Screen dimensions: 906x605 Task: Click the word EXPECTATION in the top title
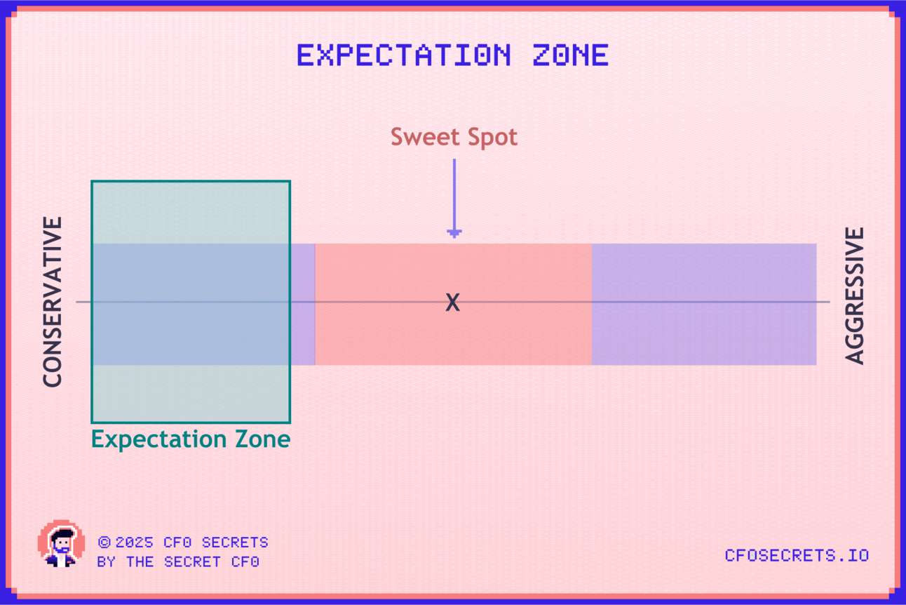[x=404, y=55]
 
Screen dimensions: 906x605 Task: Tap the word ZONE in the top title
[x=570, y=55]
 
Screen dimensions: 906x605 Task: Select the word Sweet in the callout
[x=426, y=137]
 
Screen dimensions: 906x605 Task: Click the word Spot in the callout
[x=492, y=138]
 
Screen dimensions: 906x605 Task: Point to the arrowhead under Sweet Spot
[x=454, y=233]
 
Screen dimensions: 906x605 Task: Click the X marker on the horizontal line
[x=452, y=302]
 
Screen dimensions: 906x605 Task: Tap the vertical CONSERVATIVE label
[x=53, y=302]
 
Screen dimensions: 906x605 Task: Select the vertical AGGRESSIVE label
[x=854, y=295]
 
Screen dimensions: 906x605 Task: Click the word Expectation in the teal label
[x=159, y=440]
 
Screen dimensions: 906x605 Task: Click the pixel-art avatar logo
[x=61, y=543]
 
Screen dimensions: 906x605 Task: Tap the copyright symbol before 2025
[x=104, y=542]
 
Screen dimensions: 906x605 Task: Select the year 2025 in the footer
[x=134, y=543]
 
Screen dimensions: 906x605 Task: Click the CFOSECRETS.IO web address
[x=797, y=556]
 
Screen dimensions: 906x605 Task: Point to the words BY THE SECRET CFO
[x=178, y=561]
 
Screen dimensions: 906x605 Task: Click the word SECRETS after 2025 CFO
[x=235, y=543]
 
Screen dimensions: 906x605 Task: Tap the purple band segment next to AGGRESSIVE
[x=704, y=304]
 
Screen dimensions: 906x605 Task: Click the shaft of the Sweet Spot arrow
[x=454, y=194]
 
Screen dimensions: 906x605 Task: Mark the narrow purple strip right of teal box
[x=303, y=304]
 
